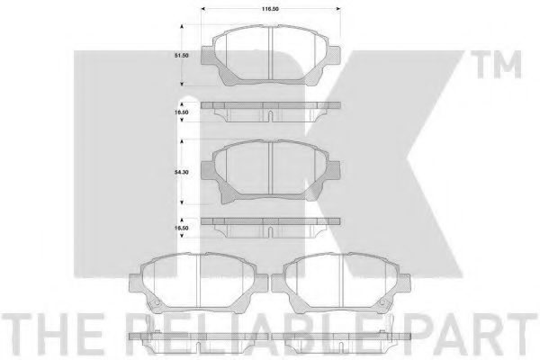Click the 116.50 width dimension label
[270, 9]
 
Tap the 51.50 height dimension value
[181, 56]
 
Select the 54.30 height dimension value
[181, 172]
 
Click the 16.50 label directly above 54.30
[181, 112]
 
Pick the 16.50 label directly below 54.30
[181, 228]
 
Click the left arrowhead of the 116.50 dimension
[203, 9]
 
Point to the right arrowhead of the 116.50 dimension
[338, 9]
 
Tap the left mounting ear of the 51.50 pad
[207, 56]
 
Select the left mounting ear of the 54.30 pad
[207, 170]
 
